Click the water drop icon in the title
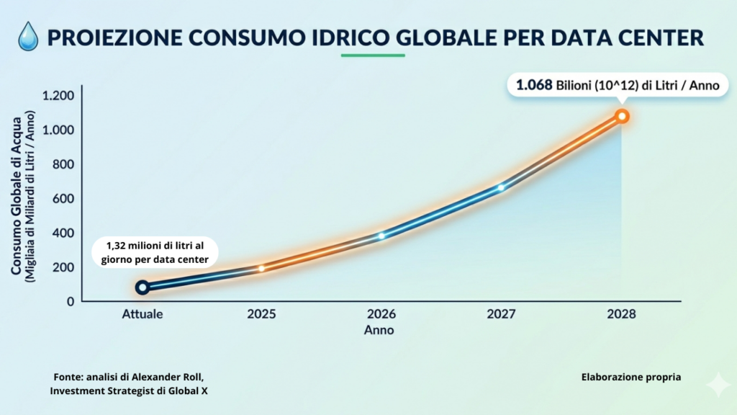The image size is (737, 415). [x=28, y=35]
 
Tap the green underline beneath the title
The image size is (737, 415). [x=373, y=55]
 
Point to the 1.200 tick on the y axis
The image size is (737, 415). [x=58, y=96]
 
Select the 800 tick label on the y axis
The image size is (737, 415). [x=64, y=164]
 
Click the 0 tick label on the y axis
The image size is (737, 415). [x=71, y=301]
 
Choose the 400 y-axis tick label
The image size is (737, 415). [x=64, y=233]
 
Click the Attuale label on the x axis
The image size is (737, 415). [x=143, y=315]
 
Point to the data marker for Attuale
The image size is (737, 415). [x=143, y=287]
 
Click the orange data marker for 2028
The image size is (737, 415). [x=622, y=116]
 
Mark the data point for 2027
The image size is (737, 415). [x=501, y=188]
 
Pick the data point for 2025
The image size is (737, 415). [x=261, y=269]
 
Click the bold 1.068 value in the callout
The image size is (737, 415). [x=533, y=85]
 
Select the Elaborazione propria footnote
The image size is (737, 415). [x=630, y=377]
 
